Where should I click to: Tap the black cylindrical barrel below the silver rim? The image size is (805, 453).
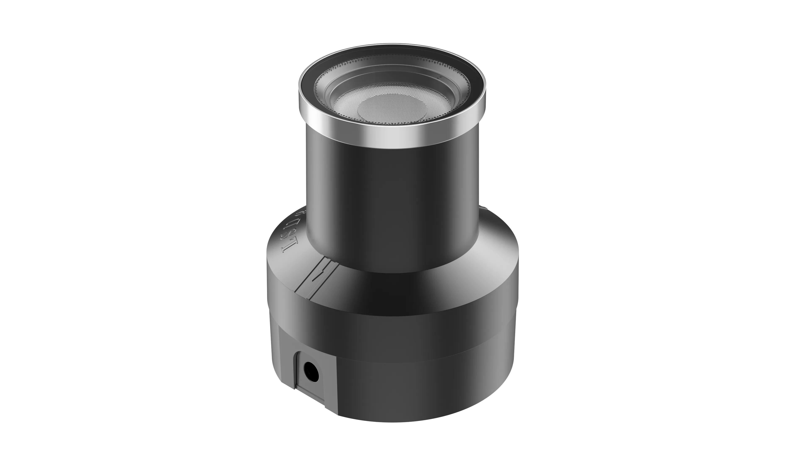[x=392, y=194]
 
